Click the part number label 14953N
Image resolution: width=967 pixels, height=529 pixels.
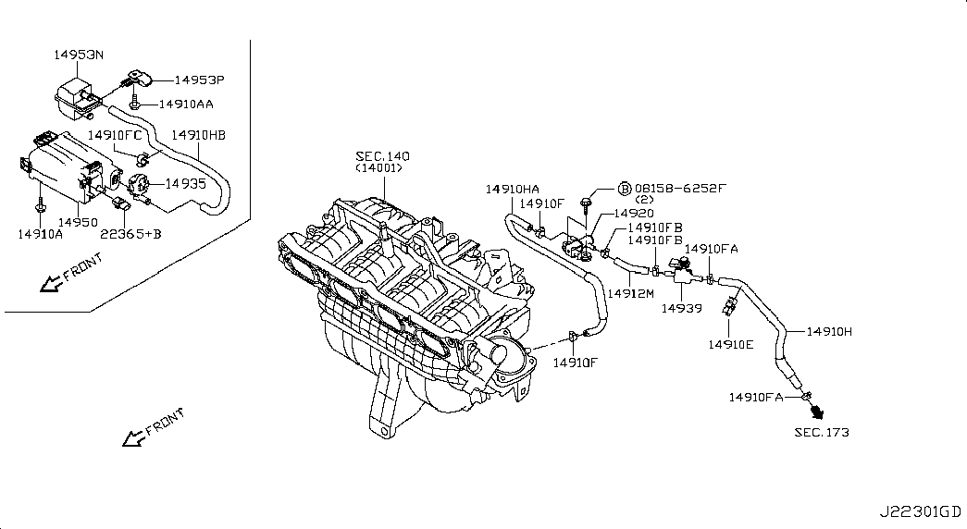click(79, 55)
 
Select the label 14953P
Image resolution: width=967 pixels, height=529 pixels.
click(199, 80)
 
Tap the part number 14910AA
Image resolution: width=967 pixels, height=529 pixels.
click(186, 105)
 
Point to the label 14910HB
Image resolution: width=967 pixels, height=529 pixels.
click(199, 135)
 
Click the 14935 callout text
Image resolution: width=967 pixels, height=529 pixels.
click(186, 183)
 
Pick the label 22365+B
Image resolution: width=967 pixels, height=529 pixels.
click(130, 234)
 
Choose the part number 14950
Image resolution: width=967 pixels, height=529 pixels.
click(78, 222)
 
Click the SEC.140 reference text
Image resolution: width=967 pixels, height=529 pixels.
click(382, 156)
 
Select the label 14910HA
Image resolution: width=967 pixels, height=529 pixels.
click(512, 190)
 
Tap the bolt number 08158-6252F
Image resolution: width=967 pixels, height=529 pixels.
click(680, 188)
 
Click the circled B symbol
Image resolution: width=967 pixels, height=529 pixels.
click(625, 188)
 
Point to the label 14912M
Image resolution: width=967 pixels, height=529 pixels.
click(630, 294)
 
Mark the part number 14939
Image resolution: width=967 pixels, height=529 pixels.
click(681, 308)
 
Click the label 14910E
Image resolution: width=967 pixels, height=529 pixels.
click(730, 345)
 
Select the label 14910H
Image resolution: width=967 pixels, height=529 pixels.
click(829, 332)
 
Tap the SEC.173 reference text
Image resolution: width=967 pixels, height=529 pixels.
click(822, 433)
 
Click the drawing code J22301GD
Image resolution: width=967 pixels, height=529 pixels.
click(920, 511)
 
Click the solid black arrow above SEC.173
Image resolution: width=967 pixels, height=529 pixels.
click(818, 412)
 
